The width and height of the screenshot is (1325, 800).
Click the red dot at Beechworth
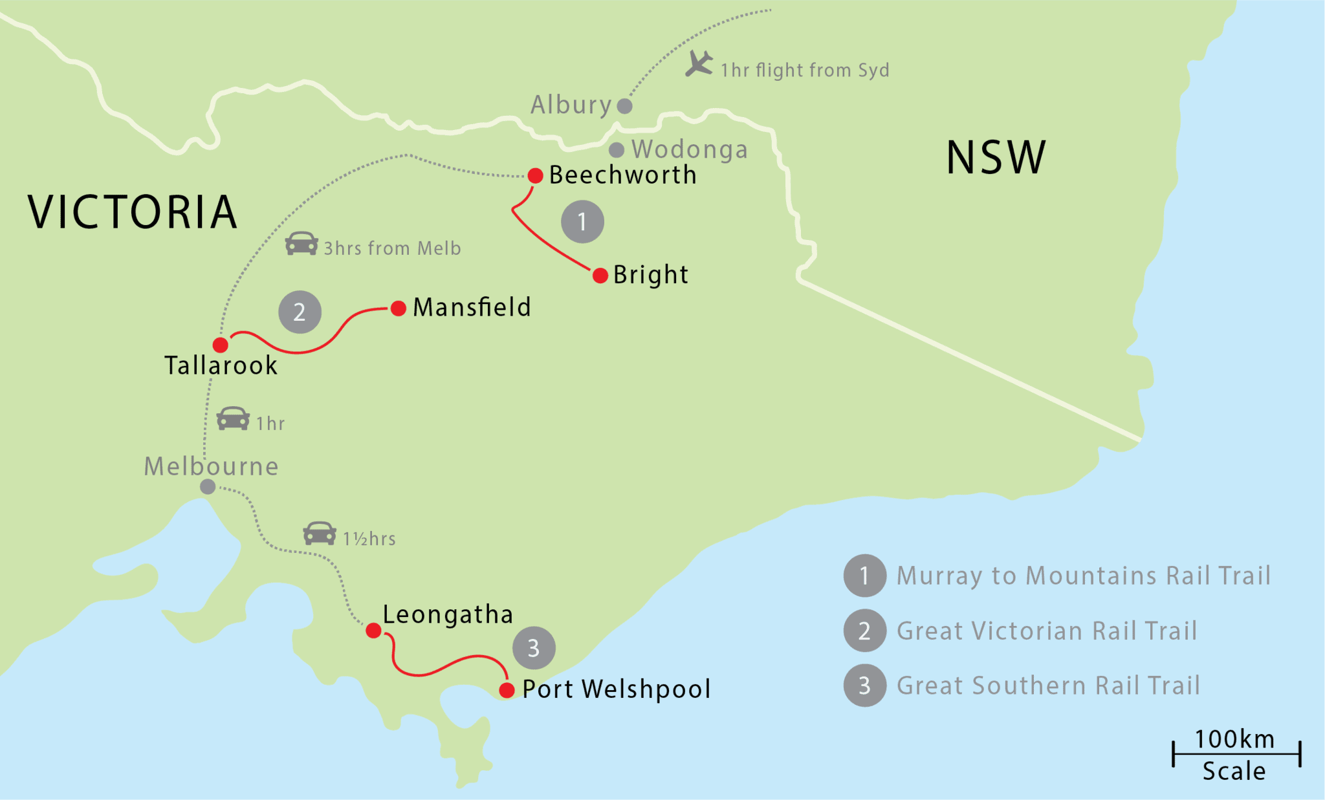535,175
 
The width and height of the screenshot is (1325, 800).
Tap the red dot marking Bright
600,276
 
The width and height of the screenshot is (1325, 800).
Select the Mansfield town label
472,307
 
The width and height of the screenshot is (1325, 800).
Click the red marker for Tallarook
221,345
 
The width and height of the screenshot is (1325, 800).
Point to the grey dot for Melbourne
208,486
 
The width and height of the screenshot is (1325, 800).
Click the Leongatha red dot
373,631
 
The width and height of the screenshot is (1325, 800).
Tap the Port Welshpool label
616,689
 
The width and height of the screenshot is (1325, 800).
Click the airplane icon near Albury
699,64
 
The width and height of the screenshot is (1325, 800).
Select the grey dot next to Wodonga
617,150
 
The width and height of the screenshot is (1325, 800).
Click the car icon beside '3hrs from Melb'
301,244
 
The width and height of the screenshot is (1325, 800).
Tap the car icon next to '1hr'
233,419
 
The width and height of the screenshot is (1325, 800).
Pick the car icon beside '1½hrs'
320,534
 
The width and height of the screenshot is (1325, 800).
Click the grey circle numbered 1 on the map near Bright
582,222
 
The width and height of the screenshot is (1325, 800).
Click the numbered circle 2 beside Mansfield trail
300,312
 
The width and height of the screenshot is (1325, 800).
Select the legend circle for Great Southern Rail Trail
864,686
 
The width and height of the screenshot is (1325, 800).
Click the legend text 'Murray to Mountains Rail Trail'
1084,576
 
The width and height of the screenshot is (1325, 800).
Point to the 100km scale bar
1236,754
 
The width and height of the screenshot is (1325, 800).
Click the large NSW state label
996,158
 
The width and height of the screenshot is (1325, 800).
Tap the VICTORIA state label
133,212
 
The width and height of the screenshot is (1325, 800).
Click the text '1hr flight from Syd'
805,70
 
